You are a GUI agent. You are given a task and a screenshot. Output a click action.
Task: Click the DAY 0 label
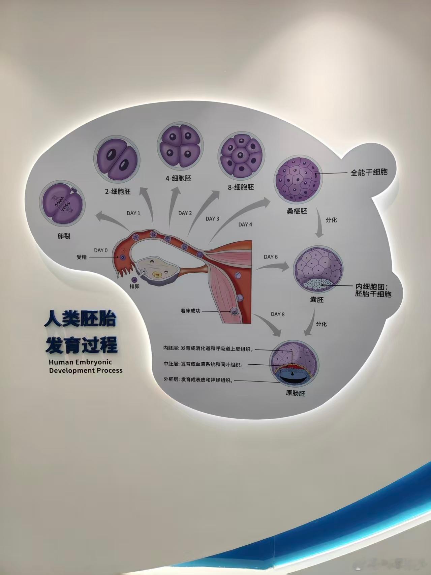[x=101, y=250]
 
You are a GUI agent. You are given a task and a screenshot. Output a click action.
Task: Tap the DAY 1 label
[x=133, y=213]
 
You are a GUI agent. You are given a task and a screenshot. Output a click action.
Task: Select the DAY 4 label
[x=245, y=224]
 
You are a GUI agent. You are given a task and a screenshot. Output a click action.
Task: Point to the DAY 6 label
[x=271, y=257]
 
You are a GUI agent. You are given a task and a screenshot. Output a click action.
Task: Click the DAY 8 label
[x=278, y=314]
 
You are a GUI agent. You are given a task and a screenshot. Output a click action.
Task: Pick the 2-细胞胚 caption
[x=118, y=191]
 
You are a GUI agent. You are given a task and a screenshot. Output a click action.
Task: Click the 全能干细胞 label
[x=369, y=172]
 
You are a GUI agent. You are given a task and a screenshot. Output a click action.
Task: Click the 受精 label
[x=82, y=257]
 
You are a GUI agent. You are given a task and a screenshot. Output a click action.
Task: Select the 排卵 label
[x=134, y=286]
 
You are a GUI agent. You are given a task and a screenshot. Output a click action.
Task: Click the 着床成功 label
[x=190, y=311]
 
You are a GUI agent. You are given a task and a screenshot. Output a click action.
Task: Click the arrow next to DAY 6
[x=274, y=266]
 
